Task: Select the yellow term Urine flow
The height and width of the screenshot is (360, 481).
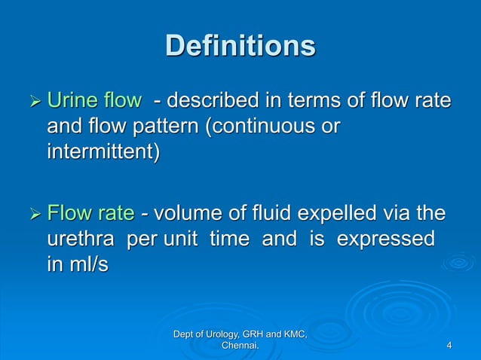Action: click(93, 100)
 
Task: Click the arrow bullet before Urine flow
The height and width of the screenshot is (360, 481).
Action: click(32, 101)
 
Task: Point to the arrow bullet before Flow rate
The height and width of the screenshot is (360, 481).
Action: click(32, 215)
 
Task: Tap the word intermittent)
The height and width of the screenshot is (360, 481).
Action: click(103, 152)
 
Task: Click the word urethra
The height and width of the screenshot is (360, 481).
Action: click(82, 240)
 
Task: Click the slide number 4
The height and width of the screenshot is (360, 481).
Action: click(449, 346)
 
